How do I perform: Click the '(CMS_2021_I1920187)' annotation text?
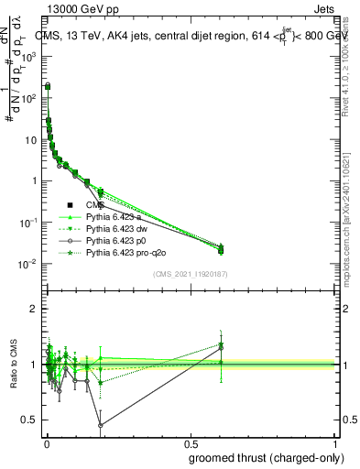pos(189,274)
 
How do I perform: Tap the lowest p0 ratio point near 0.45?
pos(99,425)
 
